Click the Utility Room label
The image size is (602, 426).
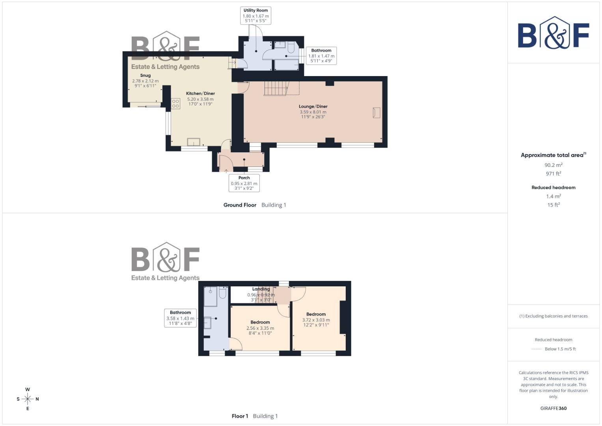coord(255,11)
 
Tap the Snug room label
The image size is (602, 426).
coord(145,75)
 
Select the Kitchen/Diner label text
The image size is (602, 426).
coord(200,93)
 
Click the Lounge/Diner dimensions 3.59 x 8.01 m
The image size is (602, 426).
coord(313,112)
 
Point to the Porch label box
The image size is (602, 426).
coord(244,183)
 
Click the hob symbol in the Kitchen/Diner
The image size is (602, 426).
coord(175,104)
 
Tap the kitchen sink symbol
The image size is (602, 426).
coord(194,142)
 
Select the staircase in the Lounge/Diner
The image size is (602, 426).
coord(276,88)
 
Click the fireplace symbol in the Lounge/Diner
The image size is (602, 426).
coord(376,113)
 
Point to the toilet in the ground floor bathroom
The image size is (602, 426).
coord(291,48)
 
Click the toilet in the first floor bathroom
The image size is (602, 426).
coord(222,293)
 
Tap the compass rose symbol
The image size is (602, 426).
coord(28,399)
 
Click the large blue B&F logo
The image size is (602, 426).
coord(554,33)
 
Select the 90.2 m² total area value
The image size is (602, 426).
coord(554,165)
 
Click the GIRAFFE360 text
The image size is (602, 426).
coord(554,409)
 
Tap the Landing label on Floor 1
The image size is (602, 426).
coord(261,289)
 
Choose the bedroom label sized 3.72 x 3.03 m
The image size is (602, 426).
coord(316,314)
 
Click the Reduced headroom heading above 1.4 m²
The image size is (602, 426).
coord(554,188)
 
